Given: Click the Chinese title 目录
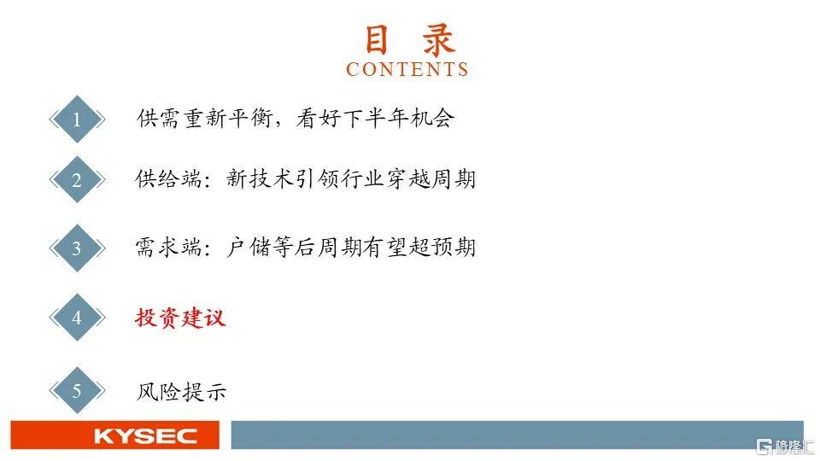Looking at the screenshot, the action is click(x=409, y=40).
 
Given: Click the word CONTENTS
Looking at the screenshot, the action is click(x=407, y=69).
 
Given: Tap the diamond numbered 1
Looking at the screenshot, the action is click(x=77, y=120).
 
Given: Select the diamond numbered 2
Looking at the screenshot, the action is click(x=77, y=180).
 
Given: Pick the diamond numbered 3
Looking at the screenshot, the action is click(x=77, y=248).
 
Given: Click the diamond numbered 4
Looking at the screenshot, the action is click(x=77, y=318).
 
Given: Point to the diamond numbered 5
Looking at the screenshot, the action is click(x=77, y=390).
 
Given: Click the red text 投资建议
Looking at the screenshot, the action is click(x=180, y=318).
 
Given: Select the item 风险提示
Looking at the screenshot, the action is click(x=181, y=391).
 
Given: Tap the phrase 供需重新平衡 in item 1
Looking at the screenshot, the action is click(x=204, y=118).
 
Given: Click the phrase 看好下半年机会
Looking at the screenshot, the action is click(x=375, y=118).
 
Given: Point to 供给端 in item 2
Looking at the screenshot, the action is click(x=168, y=178).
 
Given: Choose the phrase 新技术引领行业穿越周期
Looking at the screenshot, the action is click(x=351, y=178).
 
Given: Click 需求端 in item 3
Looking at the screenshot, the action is click(x=168, y=247).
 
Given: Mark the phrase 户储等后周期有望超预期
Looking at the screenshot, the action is click(x=351, y=247).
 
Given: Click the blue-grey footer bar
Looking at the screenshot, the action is click(x=518, y=435).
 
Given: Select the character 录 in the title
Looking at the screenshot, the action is click(x=439, y=40).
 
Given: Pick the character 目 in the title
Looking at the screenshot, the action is click(x=377, y=40).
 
